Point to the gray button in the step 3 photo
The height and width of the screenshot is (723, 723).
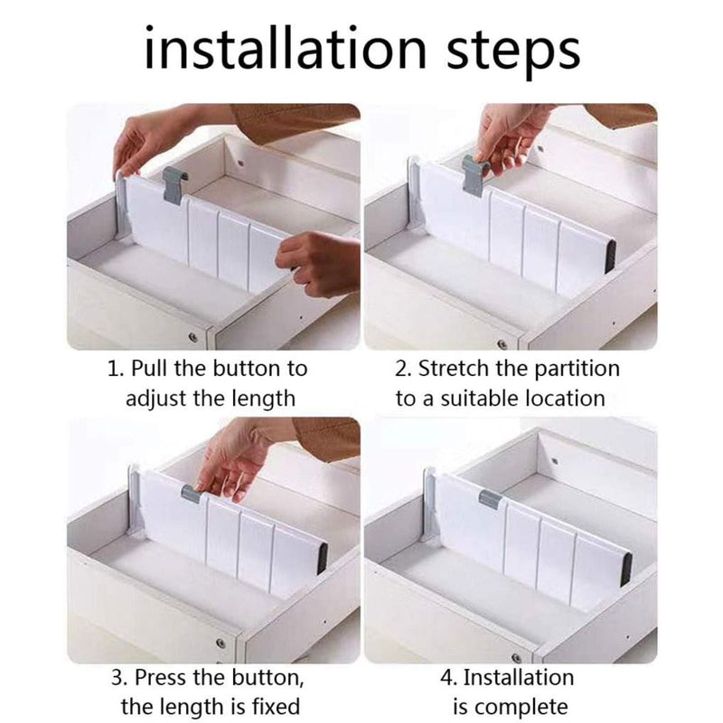192,493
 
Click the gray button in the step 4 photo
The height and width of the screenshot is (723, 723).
489,498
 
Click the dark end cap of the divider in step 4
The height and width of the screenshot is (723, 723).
625,567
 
